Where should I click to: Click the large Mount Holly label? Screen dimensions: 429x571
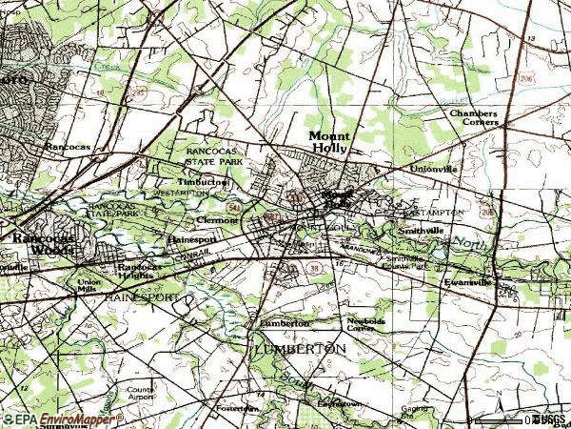(329, 142)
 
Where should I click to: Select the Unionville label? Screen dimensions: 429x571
(432, 169)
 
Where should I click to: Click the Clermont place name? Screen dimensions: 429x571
(215, 219)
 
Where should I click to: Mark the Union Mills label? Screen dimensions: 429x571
(89, 285)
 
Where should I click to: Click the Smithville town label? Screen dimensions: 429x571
(423, 231)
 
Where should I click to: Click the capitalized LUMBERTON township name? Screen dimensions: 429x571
(299, 350)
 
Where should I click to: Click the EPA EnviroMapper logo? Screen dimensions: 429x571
(62, 419)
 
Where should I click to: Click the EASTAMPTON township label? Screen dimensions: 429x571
(438, 212)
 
